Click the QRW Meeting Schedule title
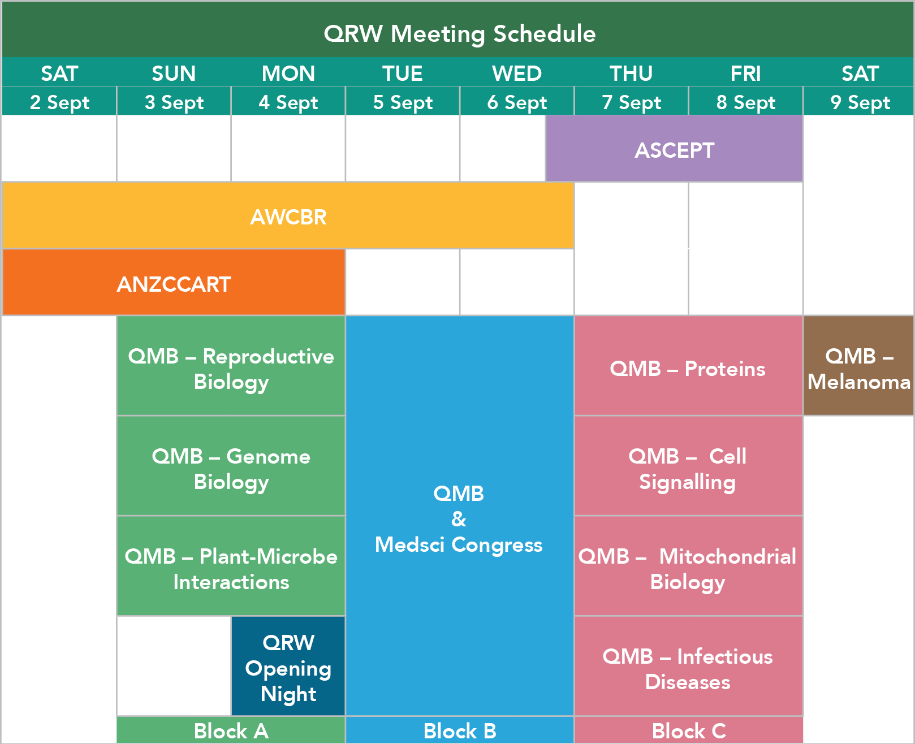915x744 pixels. [x=460, y=33]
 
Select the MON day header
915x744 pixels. [x=288, y=73]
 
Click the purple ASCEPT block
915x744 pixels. [x=674, y=149]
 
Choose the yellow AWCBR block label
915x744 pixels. [x=288, y=217]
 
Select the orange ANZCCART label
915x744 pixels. [x=174, y=284]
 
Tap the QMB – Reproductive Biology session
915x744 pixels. [x=231, y=366]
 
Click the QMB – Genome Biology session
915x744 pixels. [x=231, y=466]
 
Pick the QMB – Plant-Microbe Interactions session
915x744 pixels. [x=231, y=566]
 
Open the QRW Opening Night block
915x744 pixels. [x=288, y=666]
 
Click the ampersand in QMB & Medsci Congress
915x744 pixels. [x=459, y=519]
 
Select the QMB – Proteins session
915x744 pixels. [x=689, y=366]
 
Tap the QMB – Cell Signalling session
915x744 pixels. [x=689, y=466]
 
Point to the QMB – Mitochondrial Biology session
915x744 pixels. [x=689, y=566]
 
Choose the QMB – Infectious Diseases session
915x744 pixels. [x=689, y=666]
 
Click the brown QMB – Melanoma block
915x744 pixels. [x=858, y=366]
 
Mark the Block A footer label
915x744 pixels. [x=231, y=730]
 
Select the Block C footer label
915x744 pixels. [x=689, y=730]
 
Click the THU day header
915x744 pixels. [x=631, y=73]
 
